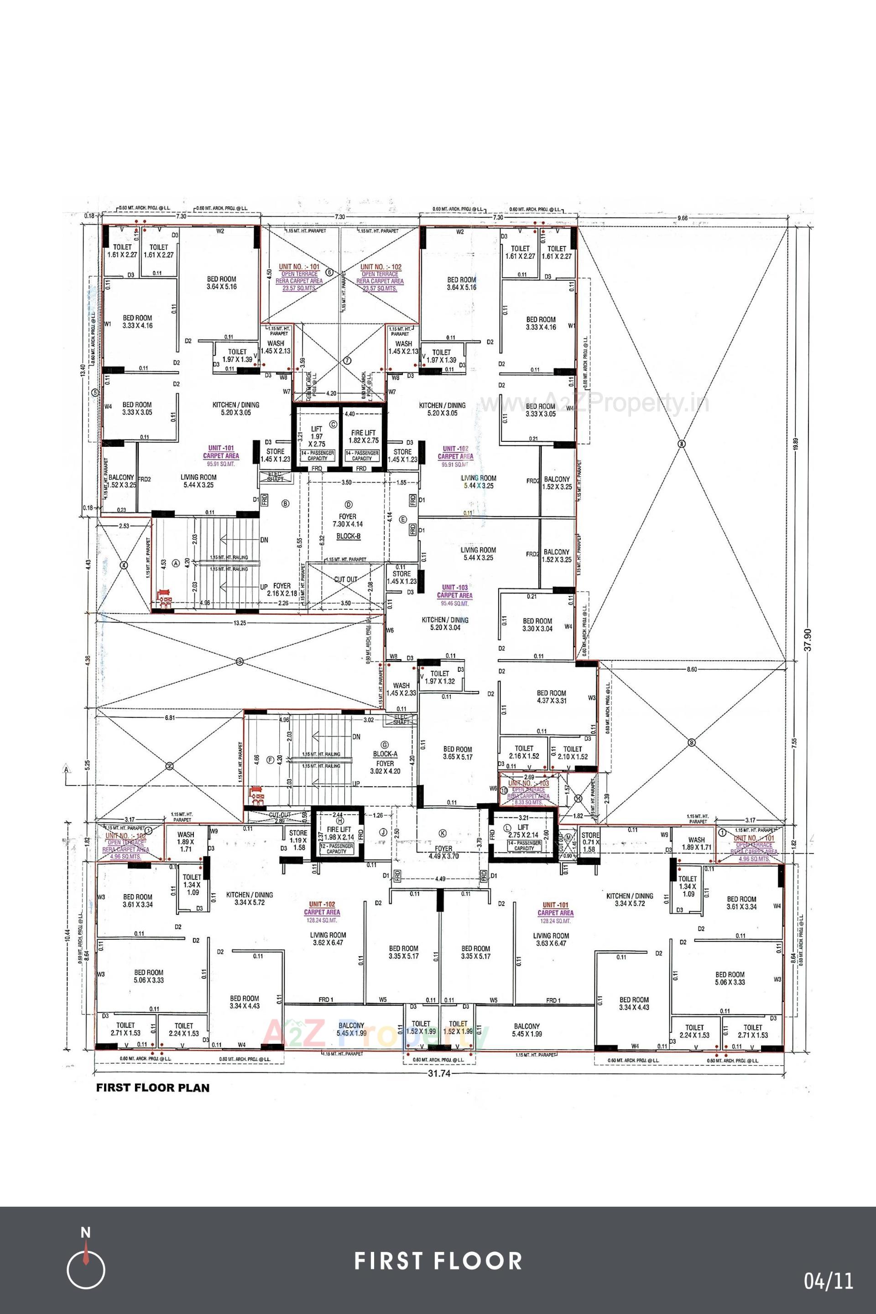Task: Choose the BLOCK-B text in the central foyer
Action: coord(348,535)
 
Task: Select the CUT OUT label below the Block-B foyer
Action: coord(345,579)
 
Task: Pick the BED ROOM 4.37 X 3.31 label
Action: coord(552,696)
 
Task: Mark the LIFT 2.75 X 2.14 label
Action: coord(523,831)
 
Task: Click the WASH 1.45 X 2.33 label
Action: coord(401,689)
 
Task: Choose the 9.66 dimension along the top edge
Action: coord(682,218)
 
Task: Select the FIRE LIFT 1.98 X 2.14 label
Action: coord(339,833)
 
